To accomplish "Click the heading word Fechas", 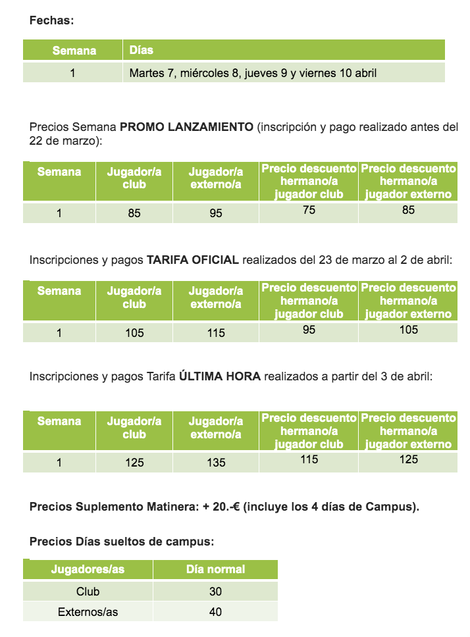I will click(51, 20).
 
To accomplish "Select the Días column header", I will click(142, 50).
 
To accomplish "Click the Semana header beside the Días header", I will click(74, 51).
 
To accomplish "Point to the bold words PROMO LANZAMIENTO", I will click(186, 127).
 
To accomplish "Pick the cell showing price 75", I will click(309, 211).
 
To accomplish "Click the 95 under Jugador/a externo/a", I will click(216, 213).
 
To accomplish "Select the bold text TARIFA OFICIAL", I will click(192, 260).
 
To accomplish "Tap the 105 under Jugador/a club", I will click(134, 333).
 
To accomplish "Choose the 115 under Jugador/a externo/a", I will click(216, 333).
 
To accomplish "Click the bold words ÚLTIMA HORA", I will click(220, 377).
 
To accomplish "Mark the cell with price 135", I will click(216, 463).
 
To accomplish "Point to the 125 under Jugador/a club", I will click(134, 463).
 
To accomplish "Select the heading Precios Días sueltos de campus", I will click(122, 542).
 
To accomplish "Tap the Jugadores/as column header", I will click(88, 569).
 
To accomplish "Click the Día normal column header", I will click(215, 569).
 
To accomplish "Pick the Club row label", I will click(88, 592).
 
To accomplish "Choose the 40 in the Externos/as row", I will click(215, 612).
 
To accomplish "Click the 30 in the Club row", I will click(215, 592).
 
